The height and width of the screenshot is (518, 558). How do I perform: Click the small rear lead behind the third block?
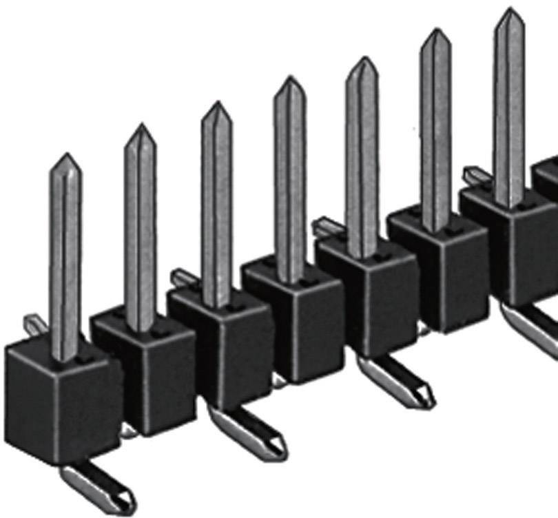pos(182,278)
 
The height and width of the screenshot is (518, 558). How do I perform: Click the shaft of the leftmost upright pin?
pos(66,262)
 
